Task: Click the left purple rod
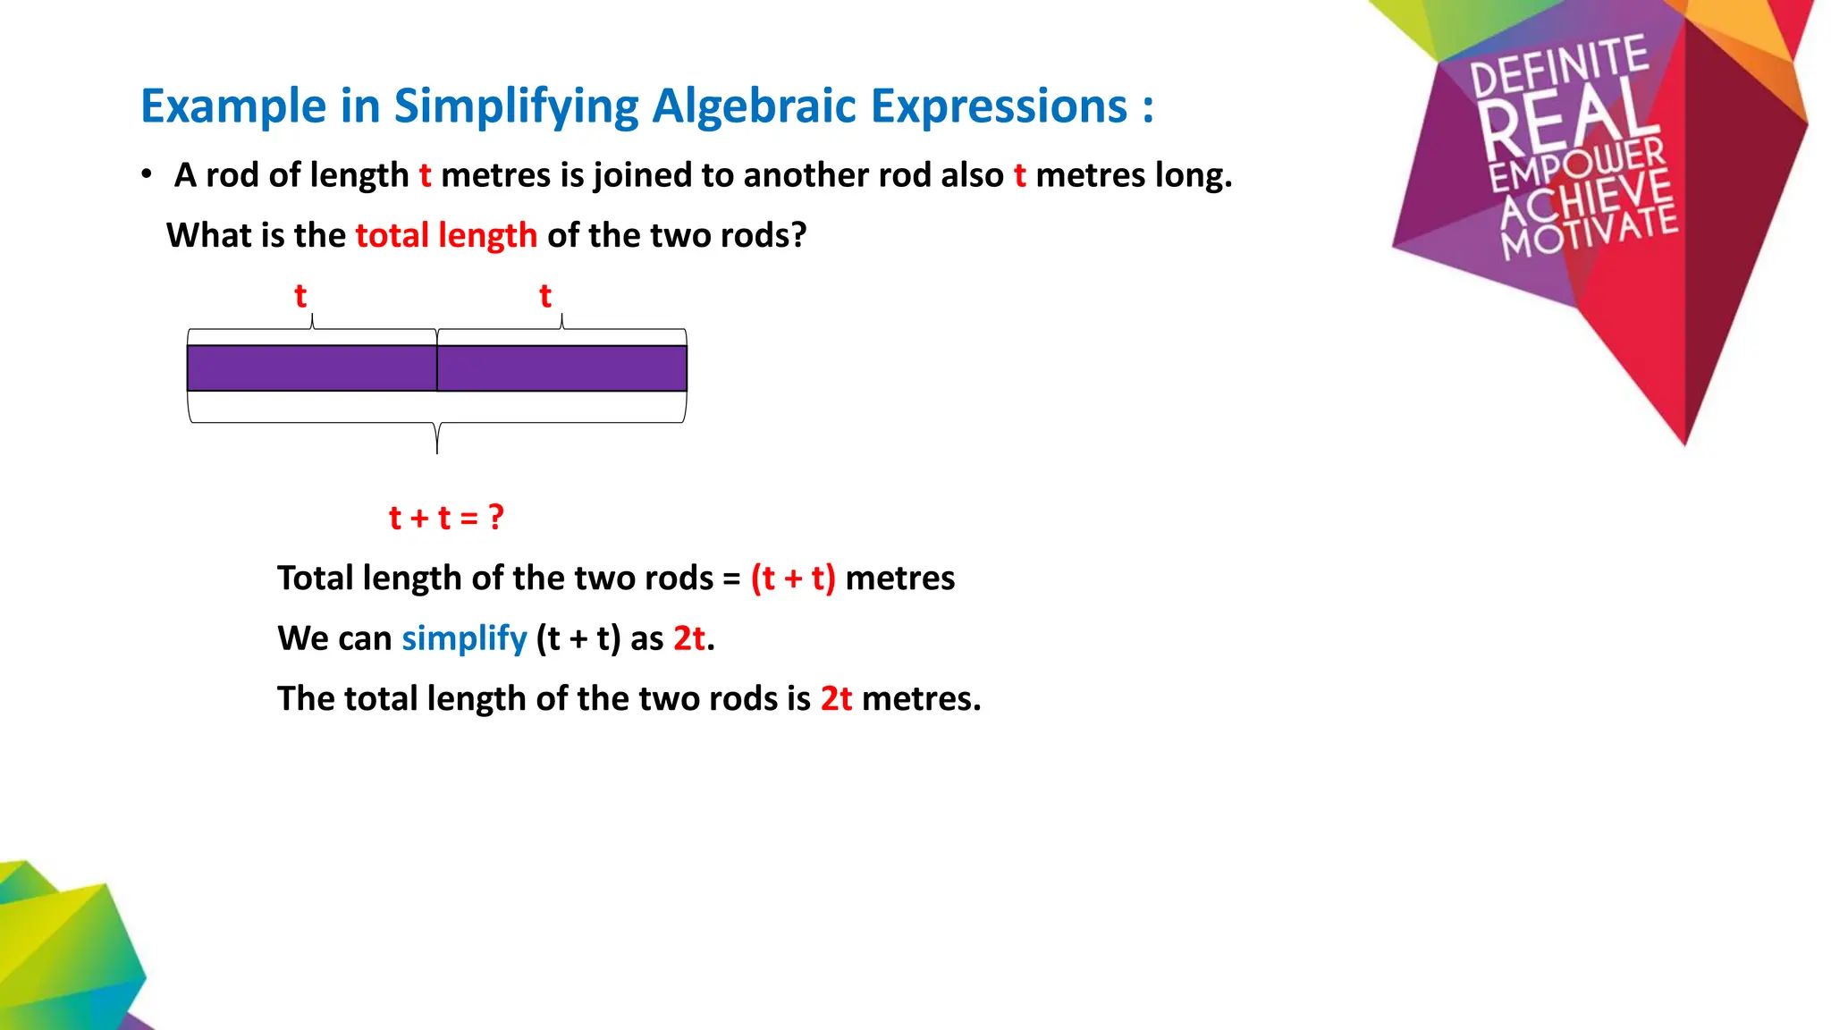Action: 311,368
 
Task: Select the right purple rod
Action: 561,368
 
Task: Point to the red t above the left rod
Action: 300,296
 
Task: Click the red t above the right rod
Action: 545,296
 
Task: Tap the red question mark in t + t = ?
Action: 496,517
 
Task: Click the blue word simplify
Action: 464,638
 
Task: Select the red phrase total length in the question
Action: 446,235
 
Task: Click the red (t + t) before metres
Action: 793,578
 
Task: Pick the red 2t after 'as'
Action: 689,638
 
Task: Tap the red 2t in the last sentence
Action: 836,698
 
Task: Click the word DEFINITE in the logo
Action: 1559,64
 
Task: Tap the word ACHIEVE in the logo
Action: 1586,198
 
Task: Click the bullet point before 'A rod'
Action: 147,174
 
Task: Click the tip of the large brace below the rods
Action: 437,452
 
